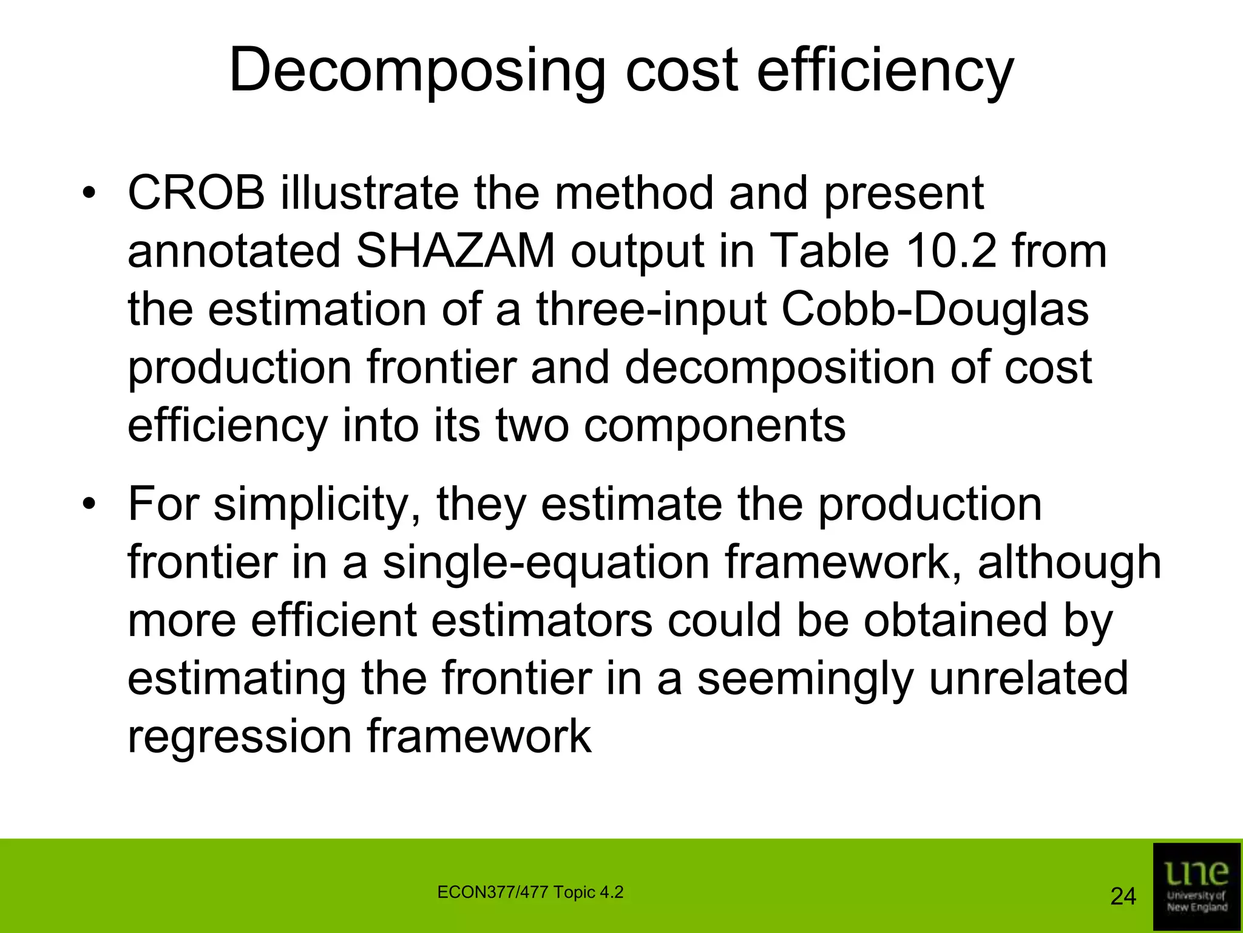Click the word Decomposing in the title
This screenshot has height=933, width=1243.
pyautogui.click(x=417, y=71)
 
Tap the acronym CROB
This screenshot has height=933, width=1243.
pyautogui.click(x=196, y=193)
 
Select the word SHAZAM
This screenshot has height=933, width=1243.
pyautogui.click(x=455, y=251)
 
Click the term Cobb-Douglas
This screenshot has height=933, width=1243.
pyautogui.click(x=935, y=309)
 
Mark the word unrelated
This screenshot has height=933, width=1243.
pyautogui.click(x=1028, y=678)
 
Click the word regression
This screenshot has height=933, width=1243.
pyautogui.click(x=239, y=736)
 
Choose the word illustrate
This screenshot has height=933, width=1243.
pyautogui.click(x=369, y=193)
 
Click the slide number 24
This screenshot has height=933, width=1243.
pyautogui.click(x=1123, y=897)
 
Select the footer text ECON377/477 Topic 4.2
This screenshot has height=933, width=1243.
pyautogui.click(x=530, y=892)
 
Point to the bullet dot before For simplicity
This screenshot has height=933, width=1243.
pyautogui.click(x=90, y=505)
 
